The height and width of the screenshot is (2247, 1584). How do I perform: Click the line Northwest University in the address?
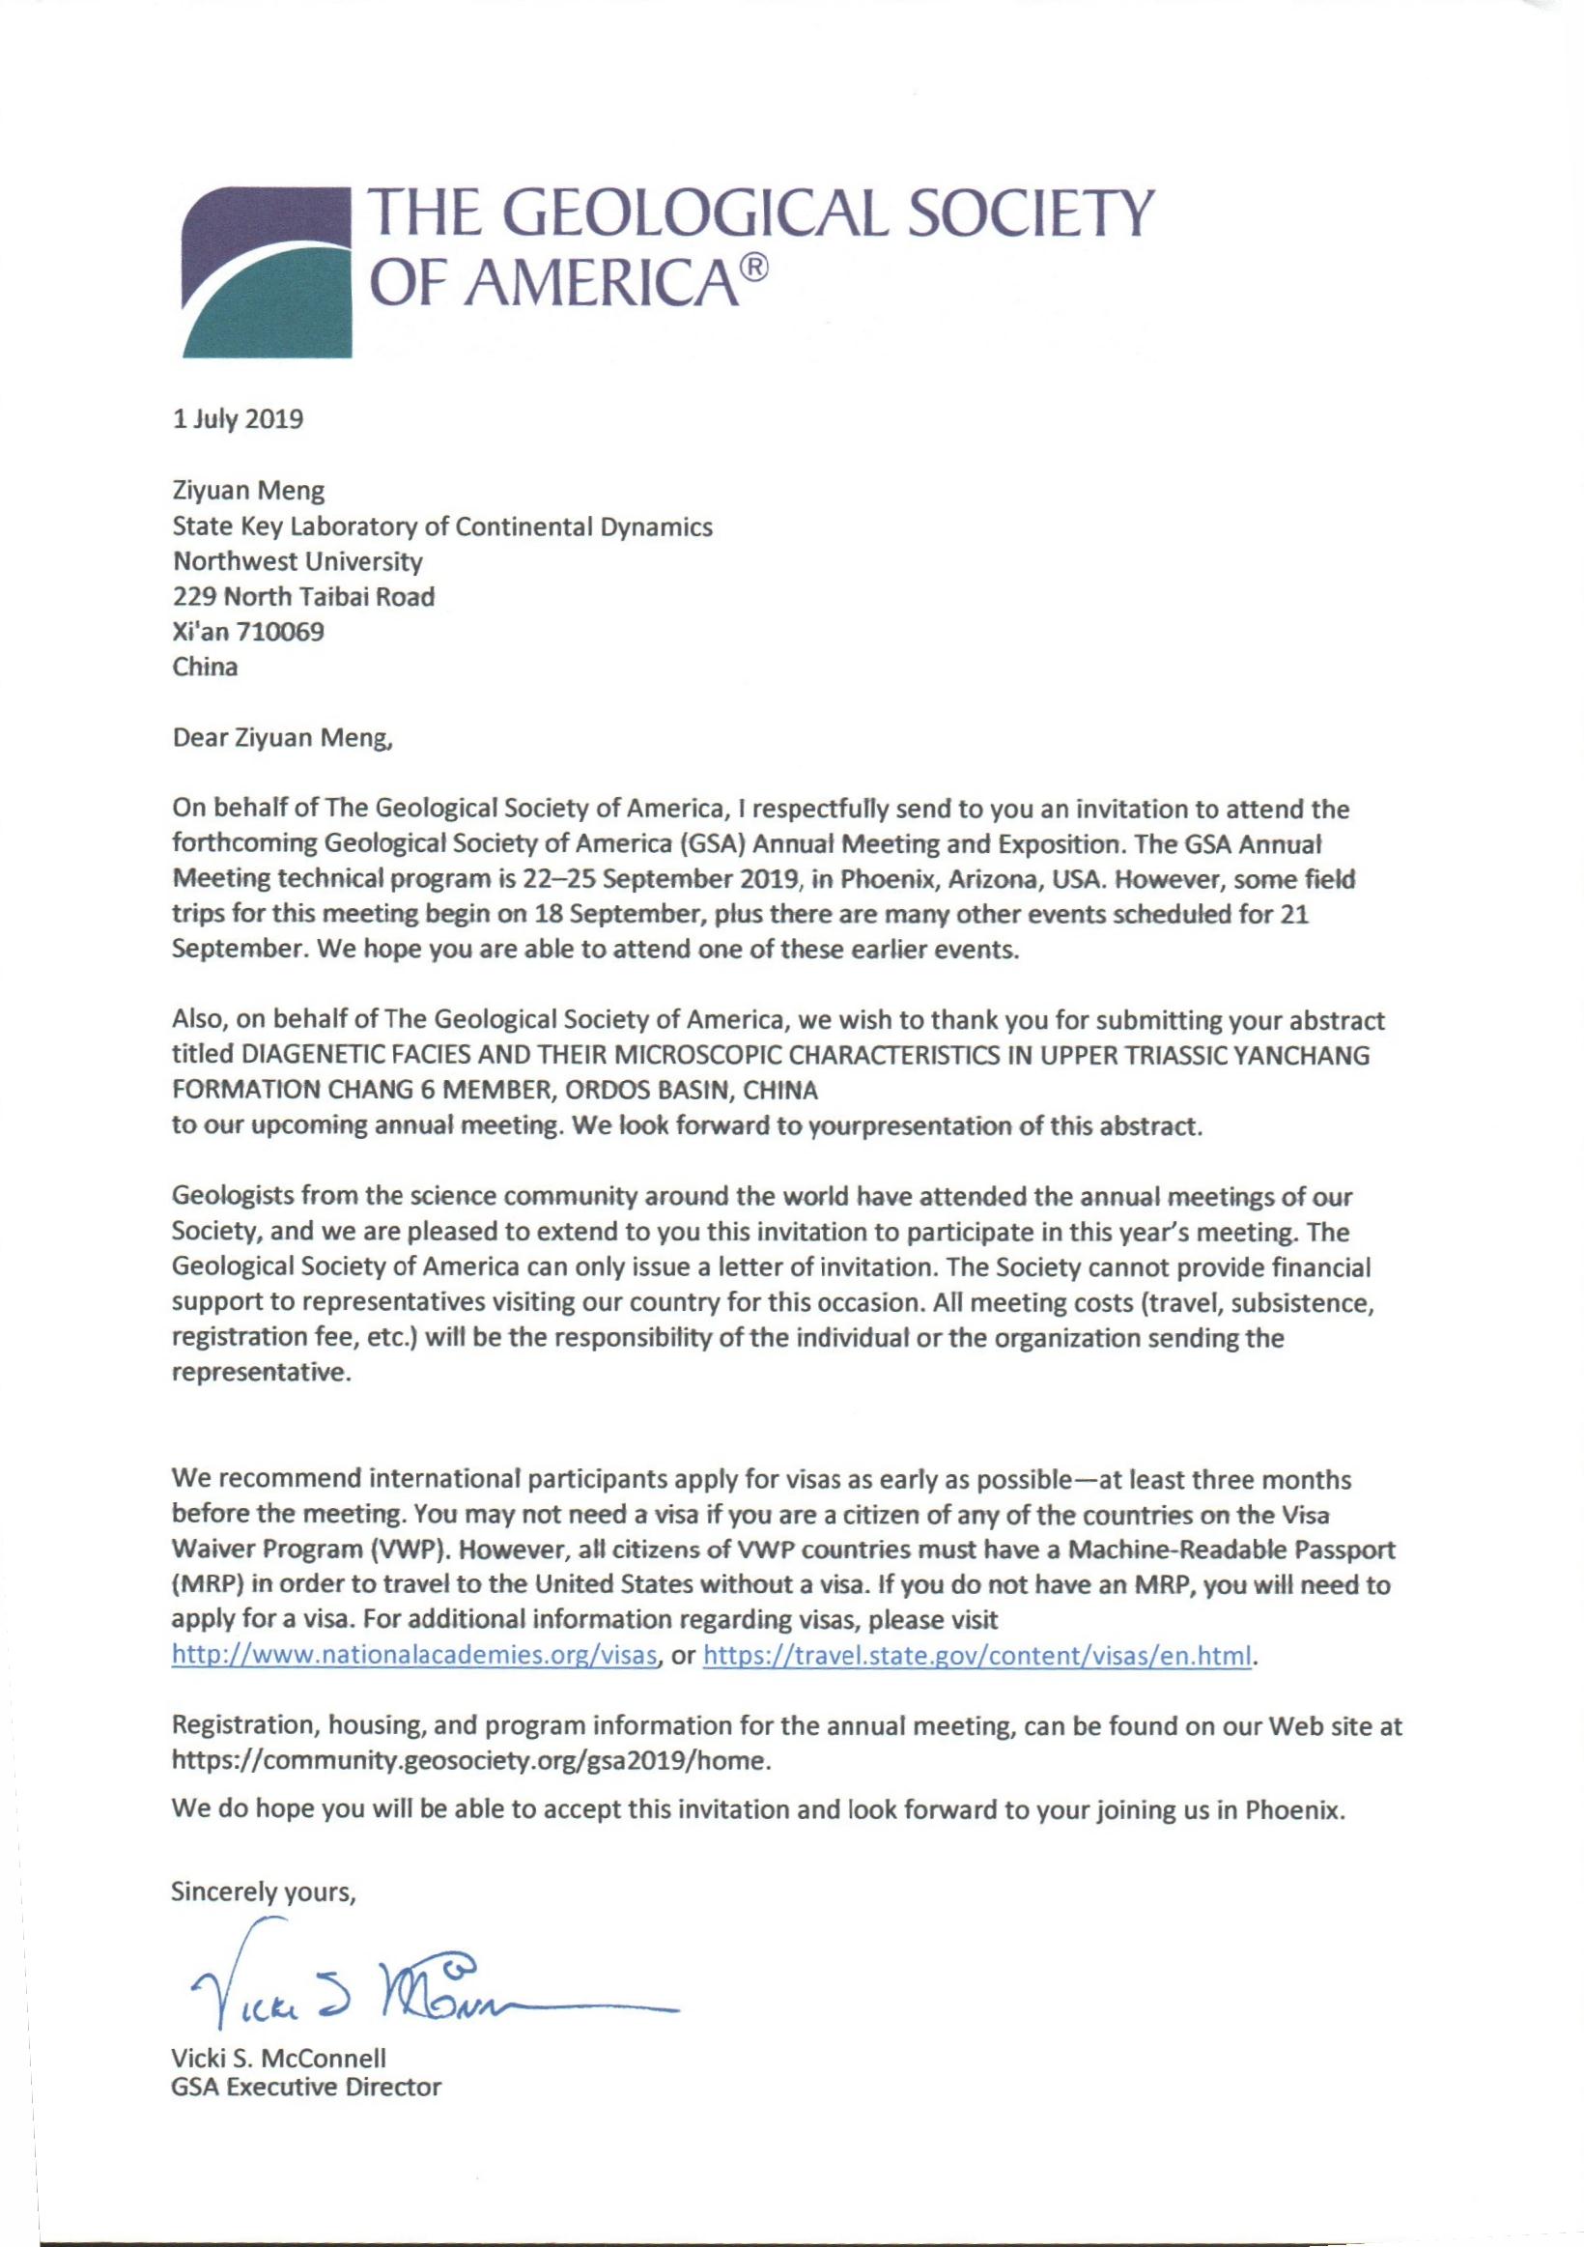(x=297, y=562)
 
